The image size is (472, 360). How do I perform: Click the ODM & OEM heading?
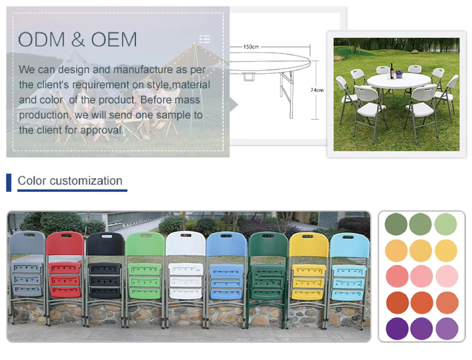click(x=77, y=39)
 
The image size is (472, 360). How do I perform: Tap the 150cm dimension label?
click(x=251, y=47)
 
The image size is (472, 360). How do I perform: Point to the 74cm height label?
click(x=317, y=90)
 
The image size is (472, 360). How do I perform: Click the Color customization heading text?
click(x=70, y=180)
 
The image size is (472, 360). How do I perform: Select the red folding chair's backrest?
click(x=65, y=243)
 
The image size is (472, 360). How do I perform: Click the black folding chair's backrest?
click(x=105, y=244)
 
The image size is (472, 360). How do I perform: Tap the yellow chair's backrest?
click(x=309, y=245)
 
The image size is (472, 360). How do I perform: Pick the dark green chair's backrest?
click(x=268, y=244)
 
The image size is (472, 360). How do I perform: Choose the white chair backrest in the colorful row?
click(x=185, y=243)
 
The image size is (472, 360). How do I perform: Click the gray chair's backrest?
click(x=27, y=243)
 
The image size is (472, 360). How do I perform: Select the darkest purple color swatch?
click(x=397, y=329)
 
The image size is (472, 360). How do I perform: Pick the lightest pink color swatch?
click(x=447, y=276)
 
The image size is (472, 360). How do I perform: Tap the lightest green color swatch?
click(x=446, y=224)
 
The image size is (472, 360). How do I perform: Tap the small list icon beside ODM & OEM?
click(x=205, y=39)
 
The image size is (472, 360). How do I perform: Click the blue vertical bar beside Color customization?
click(x=9, y=183)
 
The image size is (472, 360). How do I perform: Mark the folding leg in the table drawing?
click(x=287, y=93)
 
